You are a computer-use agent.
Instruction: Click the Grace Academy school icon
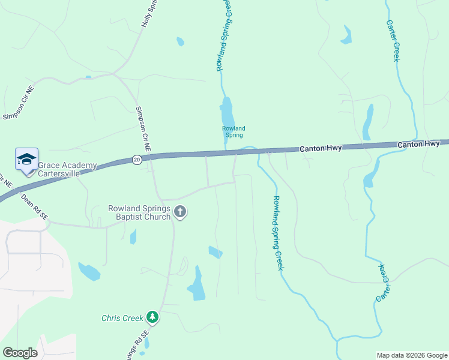[26, 160]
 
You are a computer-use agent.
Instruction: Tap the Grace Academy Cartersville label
[67, 170]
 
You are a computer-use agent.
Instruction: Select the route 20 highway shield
[137, 159]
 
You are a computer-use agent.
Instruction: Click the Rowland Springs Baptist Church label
[139, 212]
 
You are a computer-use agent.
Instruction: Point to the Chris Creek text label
[122, 317]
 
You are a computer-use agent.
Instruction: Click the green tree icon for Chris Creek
[152, 317]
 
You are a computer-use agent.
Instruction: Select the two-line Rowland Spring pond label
[234, 131]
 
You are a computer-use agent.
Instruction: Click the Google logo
[20, 352]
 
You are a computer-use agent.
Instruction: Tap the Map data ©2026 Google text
[411, 355]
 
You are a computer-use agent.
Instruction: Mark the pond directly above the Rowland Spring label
[226, 112]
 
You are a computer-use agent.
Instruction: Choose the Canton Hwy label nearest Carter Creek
[418, 144]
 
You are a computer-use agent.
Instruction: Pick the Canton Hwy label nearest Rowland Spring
[321, 148]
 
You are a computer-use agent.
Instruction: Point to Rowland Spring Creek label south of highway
[277, 233]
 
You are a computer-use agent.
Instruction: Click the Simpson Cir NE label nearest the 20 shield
[143, 129]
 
